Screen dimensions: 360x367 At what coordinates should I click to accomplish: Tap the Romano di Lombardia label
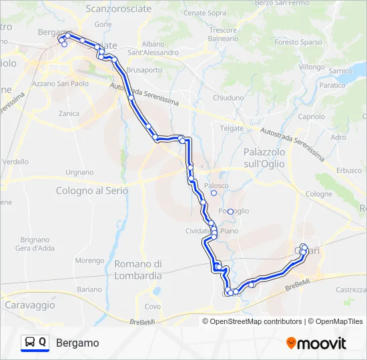point(138,270)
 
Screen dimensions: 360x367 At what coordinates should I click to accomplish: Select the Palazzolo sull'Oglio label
point(264,157)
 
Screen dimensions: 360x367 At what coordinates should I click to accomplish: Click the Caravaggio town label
point(30,305)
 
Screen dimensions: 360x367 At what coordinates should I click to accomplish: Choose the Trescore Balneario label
point(223,35)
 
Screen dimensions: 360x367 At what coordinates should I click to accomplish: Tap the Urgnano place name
point(79,172)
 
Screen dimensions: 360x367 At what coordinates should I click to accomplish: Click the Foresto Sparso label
point(296,42)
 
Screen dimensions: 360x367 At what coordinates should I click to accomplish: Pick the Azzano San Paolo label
point(60,83)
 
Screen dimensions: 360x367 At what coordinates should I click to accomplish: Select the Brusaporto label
point(144,69)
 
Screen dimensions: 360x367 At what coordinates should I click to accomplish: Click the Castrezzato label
point(351,290)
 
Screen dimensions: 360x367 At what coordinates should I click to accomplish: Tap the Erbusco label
point(348,170)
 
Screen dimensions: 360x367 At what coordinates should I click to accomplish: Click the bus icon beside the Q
point(30,343)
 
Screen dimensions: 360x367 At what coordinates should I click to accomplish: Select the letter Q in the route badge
point(43,343)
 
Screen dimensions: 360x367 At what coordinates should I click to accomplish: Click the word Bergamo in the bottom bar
point(77,343)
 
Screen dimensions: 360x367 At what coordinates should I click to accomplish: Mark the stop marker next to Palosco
point(214,193)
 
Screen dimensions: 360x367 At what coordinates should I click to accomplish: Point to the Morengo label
point(89,261)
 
